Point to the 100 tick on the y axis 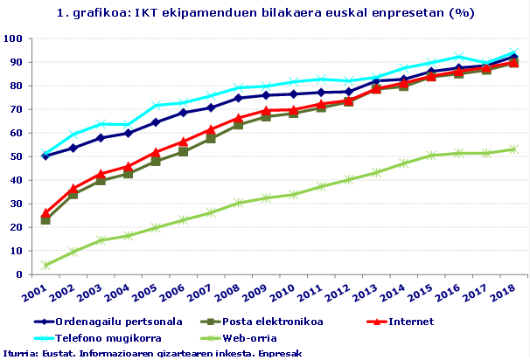[13, 39]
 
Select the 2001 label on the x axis [35, 290]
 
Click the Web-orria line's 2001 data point [45, 265]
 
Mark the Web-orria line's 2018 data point [514, 149]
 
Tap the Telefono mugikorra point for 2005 [156, 106]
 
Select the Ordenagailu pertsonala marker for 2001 [45, 156]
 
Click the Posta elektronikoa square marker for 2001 [45, 219]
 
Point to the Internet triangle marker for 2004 [128, 166]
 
